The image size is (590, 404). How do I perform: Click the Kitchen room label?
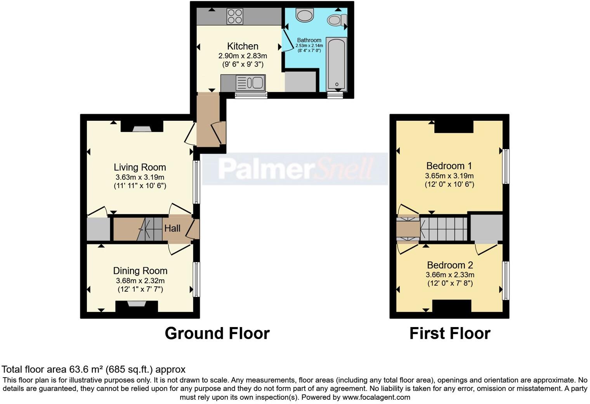[243, 46]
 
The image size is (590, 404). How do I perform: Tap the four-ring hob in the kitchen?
[235, 16]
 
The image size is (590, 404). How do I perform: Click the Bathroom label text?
[309, 40]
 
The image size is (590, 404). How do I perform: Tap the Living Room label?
[140, 167]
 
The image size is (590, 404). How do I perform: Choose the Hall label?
[172, 228]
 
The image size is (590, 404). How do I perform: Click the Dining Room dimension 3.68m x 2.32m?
[140, 280]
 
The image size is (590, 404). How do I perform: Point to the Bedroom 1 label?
[449, 166]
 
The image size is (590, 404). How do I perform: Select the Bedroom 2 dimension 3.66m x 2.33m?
[450, 275]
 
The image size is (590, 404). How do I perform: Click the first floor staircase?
[444, 229]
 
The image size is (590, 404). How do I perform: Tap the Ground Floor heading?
[217, 333]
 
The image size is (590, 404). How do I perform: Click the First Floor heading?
[449, 333]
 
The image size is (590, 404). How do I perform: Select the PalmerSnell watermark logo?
[295, 169]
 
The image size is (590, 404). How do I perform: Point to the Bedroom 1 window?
[506, 166]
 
